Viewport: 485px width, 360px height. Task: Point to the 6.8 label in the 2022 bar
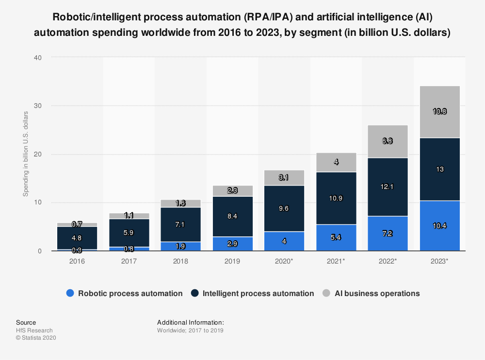coord(388,141)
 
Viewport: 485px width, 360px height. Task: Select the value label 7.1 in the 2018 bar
coord(180,224)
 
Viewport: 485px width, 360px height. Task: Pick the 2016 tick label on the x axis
coord(77,261)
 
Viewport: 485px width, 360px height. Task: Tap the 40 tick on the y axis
coord(38,58)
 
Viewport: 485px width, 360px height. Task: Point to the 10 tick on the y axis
coord(38,203)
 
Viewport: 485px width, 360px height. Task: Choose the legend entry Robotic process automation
coord(130,293)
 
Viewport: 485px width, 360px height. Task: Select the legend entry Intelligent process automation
coord(258,293)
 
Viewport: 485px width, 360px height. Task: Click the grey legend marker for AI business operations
coord(326,293)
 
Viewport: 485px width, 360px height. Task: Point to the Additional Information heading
coord(190,322)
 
